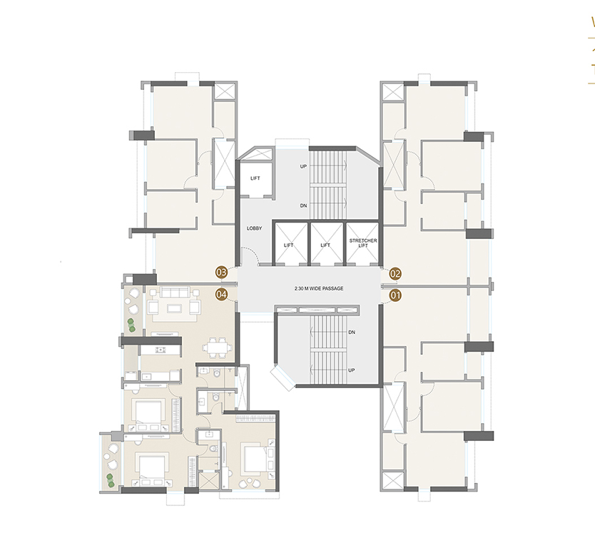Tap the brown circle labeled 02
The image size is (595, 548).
pyautogui.click(x=395, y=273)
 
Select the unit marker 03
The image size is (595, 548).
pyautogui.click(x=221, y=272)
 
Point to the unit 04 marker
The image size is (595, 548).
pyautogui.click(x=221, y=293)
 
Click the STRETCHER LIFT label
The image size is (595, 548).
pyautogui.click(x=363, y=243)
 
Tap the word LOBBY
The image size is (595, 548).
pyautogui.click(x=255, y=228)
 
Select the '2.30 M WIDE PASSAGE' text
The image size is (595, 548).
pyautogui.click(x=319, y=288)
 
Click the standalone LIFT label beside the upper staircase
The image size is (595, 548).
pyautogui.click(x=255, y=178)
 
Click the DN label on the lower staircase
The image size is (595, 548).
pyautogui.click(x=352, y=333)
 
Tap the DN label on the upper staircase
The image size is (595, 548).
pyautogui.click(x=303, y=205)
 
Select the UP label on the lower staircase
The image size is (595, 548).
pyautogui.click(x=352, y=370)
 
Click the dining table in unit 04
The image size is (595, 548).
pyautogui.click(x=217, y=347)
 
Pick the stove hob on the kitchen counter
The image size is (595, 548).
pyautogui.click(x=160, y=350)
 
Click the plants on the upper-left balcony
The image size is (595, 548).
pyautogui.click(x=131, y=325)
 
